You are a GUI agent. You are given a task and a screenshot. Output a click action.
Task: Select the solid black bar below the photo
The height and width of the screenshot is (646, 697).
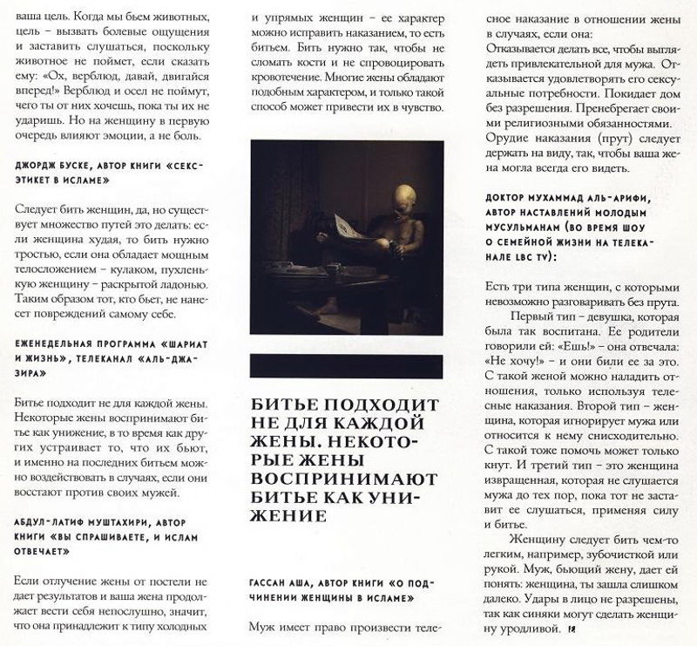pyautogui.click(x=346, y=364)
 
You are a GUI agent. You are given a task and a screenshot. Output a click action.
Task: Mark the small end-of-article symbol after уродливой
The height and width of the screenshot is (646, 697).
pyautogui.click(x=573, y=629)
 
